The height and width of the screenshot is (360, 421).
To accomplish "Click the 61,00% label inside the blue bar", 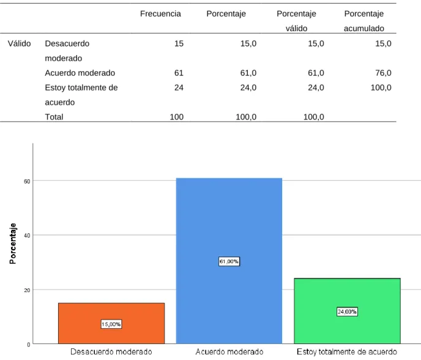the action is point(229,261).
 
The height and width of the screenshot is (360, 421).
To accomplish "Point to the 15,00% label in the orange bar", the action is point(111,324).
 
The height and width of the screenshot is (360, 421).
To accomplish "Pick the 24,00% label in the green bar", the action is point(347,312).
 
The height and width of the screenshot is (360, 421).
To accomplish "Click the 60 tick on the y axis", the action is point(27,182).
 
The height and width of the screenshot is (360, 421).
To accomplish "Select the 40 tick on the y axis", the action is point(27,236).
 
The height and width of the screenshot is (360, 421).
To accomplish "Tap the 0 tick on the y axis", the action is point(29,345).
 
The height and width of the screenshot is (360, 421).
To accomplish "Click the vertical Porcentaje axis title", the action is point(13,244).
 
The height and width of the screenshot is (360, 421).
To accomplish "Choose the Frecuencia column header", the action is point(160,13).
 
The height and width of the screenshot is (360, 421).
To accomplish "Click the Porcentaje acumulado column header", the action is point(364,21).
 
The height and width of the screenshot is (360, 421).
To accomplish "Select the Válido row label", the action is point(19,43).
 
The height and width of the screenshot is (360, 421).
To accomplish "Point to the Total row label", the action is point(54,117).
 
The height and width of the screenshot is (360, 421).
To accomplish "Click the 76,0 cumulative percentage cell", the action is point(383,73).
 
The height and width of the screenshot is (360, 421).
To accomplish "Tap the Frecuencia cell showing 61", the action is point(179,73).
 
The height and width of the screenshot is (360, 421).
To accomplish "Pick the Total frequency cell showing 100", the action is point(177,117).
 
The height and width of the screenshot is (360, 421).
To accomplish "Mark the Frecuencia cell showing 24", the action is point(179,88).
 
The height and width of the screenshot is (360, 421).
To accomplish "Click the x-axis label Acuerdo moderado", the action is point(229,351).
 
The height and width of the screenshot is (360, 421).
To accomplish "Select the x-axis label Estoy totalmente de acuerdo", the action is point(347,351).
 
